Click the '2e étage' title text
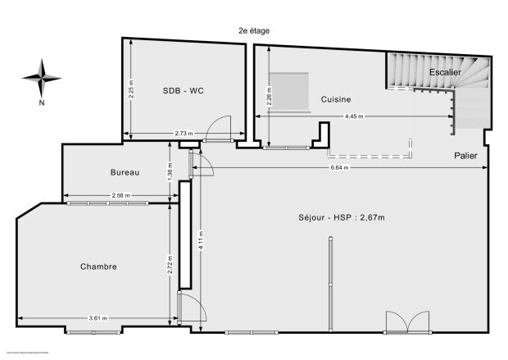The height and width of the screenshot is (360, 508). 253,30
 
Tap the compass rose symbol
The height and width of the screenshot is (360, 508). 42,77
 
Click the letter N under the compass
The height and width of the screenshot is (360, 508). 42,103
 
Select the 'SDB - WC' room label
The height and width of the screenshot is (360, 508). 184,90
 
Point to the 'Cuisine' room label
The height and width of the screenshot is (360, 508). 336,99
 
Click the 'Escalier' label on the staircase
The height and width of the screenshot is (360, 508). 445,72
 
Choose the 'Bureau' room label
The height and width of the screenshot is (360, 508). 125,172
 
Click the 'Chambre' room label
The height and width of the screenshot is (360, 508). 98,267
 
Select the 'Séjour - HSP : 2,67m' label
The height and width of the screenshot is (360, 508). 342,217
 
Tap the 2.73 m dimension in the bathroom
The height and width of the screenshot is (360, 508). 184,134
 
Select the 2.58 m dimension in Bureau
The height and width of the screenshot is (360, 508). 120,196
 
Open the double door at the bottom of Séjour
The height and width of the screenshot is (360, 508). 406,321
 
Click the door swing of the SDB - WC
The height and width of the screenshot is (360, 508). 219,128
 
